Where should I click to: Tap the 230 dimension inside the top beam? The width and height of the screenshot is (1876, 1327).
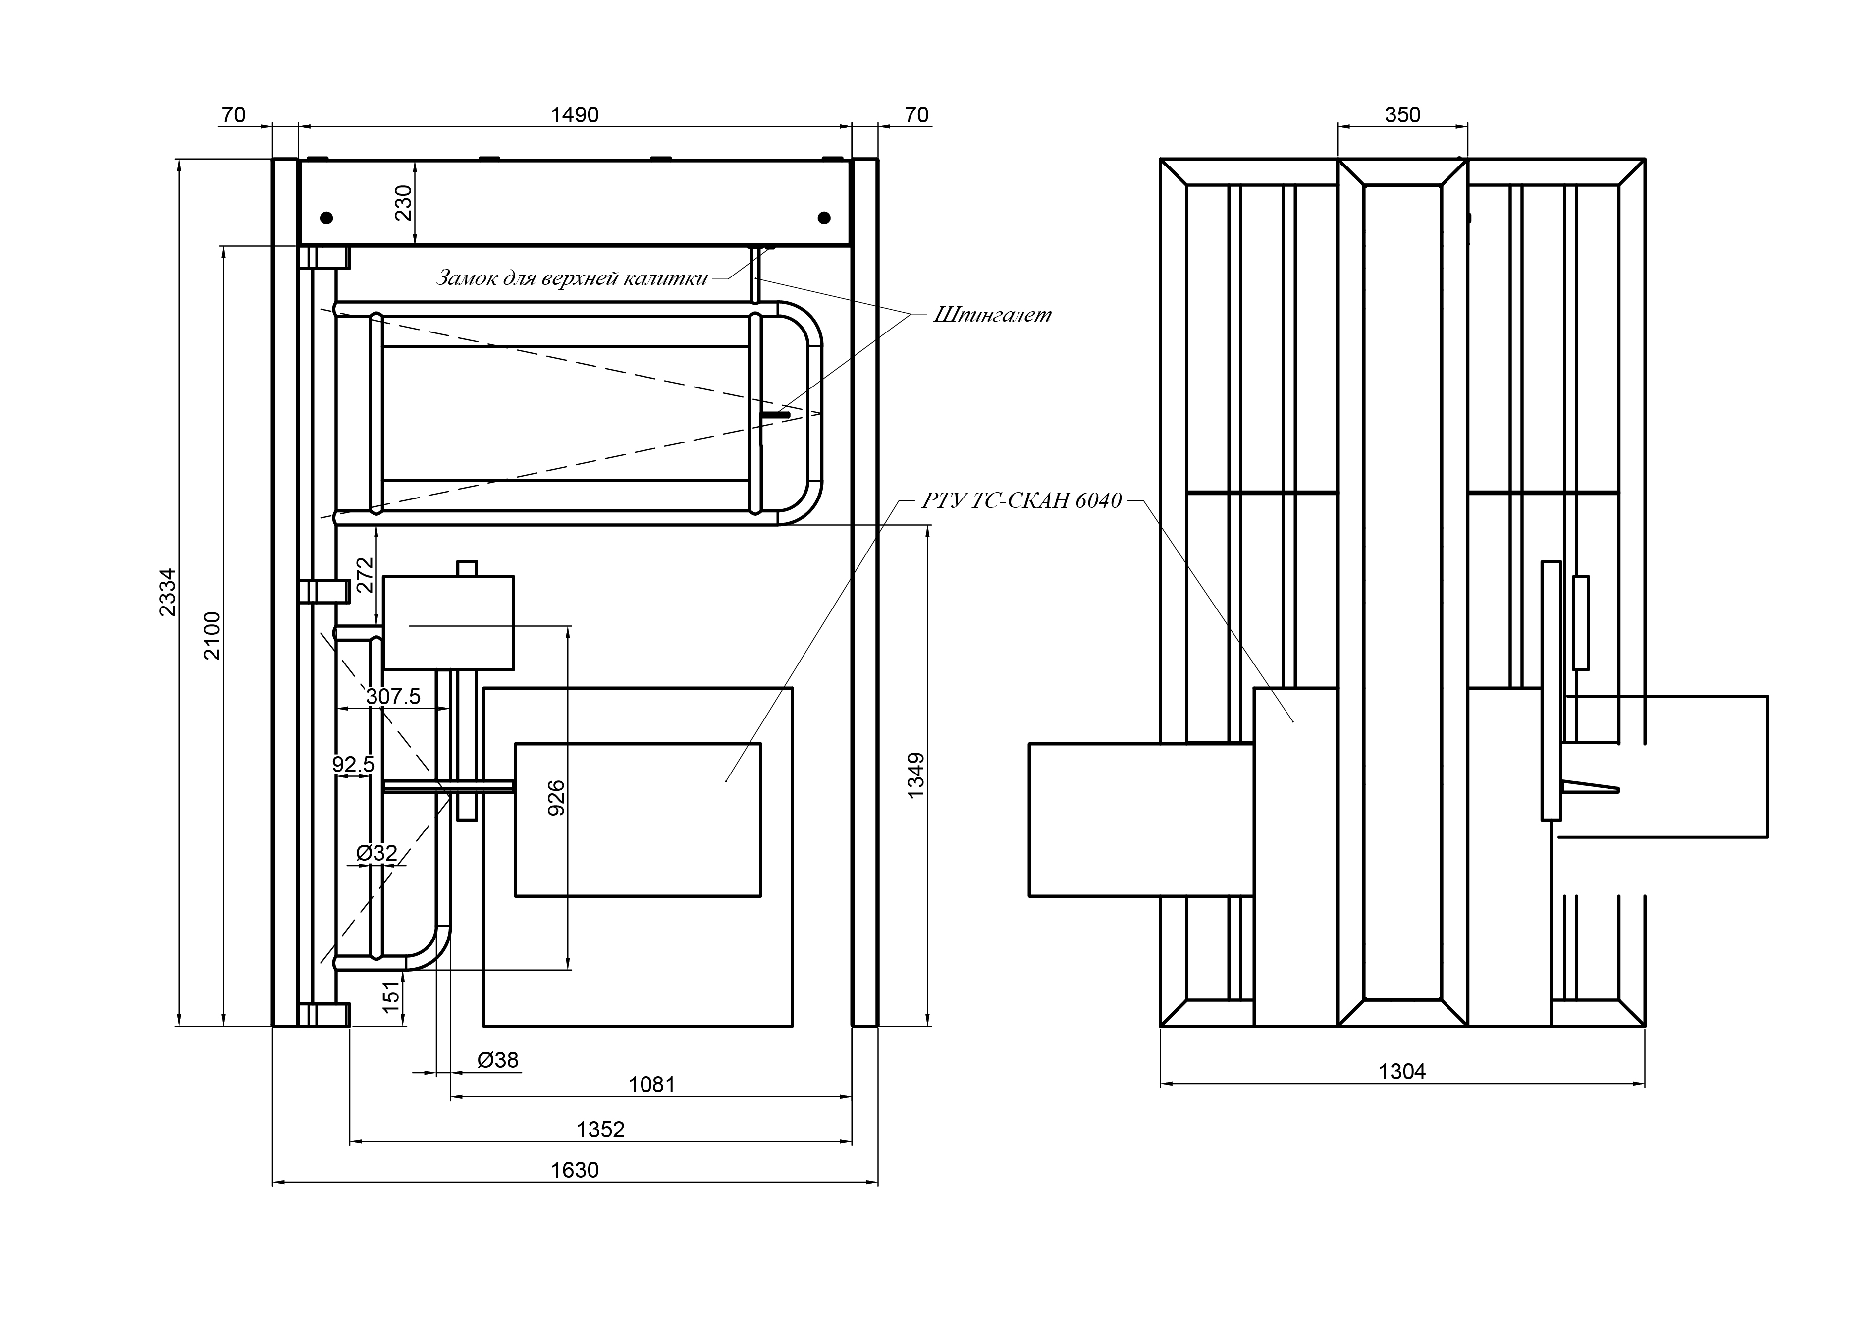(404, 203)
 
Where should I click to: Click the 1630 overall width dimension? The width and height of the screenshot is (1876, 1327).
(575, 1170)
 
